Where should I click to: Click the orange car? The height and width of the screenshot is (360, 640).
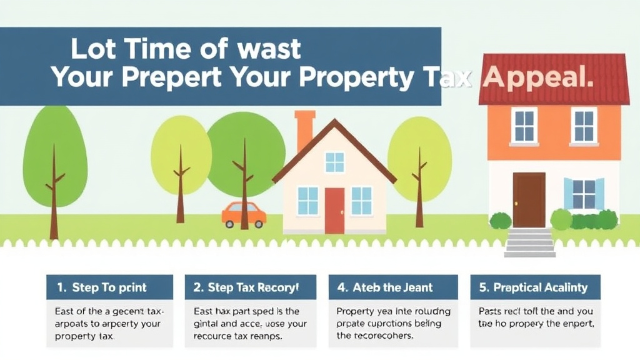244,214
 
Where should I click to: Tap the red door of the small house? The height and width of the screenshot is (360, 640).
334,210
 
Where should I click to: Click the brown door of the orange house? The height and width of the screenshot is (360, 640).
529,199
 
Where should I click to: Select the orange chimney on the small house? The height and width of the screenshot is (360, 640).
305,129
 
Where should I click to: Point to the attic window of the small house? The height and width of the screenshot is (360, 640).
334,162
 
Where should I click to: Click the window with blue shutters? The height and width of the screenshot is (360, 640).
584,194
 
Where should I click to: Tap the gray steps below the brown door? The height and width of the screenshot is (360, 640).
529,242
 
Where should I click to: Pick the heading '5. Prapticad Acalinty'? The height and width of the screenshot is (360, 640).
534,287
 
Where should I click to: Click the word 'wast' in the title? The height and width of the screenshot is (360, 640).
265,49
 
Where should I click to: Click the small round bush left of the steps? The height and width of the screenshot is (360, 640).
500,220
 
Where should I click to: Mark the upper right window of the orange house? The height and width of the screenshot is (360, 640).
584,125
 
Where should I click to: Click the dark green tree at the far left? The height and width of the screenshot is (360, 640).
54,150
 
